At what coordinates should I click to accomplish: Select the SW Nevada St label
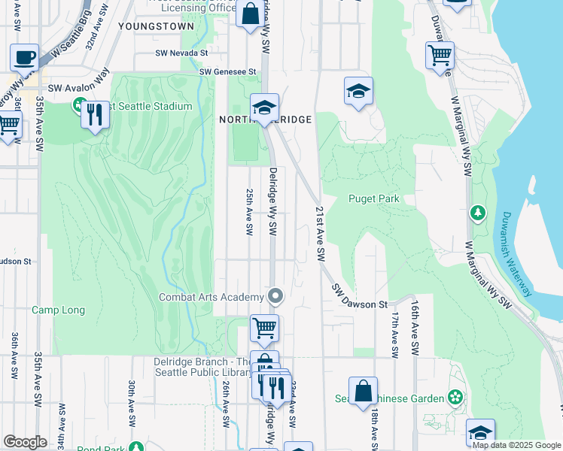[x=181, y=53]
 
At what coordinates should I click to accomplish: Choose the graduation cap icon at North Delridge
[x=265, y=107]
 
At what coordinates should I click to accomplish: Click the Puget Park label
[x=373, y=199]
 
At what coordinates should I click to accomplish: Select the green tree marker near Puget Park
[x=477, y=213]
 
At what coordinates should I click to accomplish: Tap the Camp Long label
[x=58, y=310]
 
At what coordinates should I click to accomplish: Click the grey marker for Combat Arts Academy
[x=275, y=296]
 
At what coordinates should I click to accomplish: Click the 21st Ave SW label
[x=320, y=234]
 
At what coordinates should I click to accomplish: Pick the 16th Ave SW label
[x=414, y=328]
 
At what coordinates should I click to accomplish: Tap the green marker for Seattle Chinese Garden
[x=455, y=396]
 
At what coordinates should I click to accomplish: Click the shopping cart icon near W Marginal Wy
[x=440, y=55]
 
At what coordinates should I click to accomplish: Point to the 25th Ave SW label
[x=248, y=211]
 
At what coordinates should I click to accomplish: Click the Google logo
[x=25, y=442]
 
